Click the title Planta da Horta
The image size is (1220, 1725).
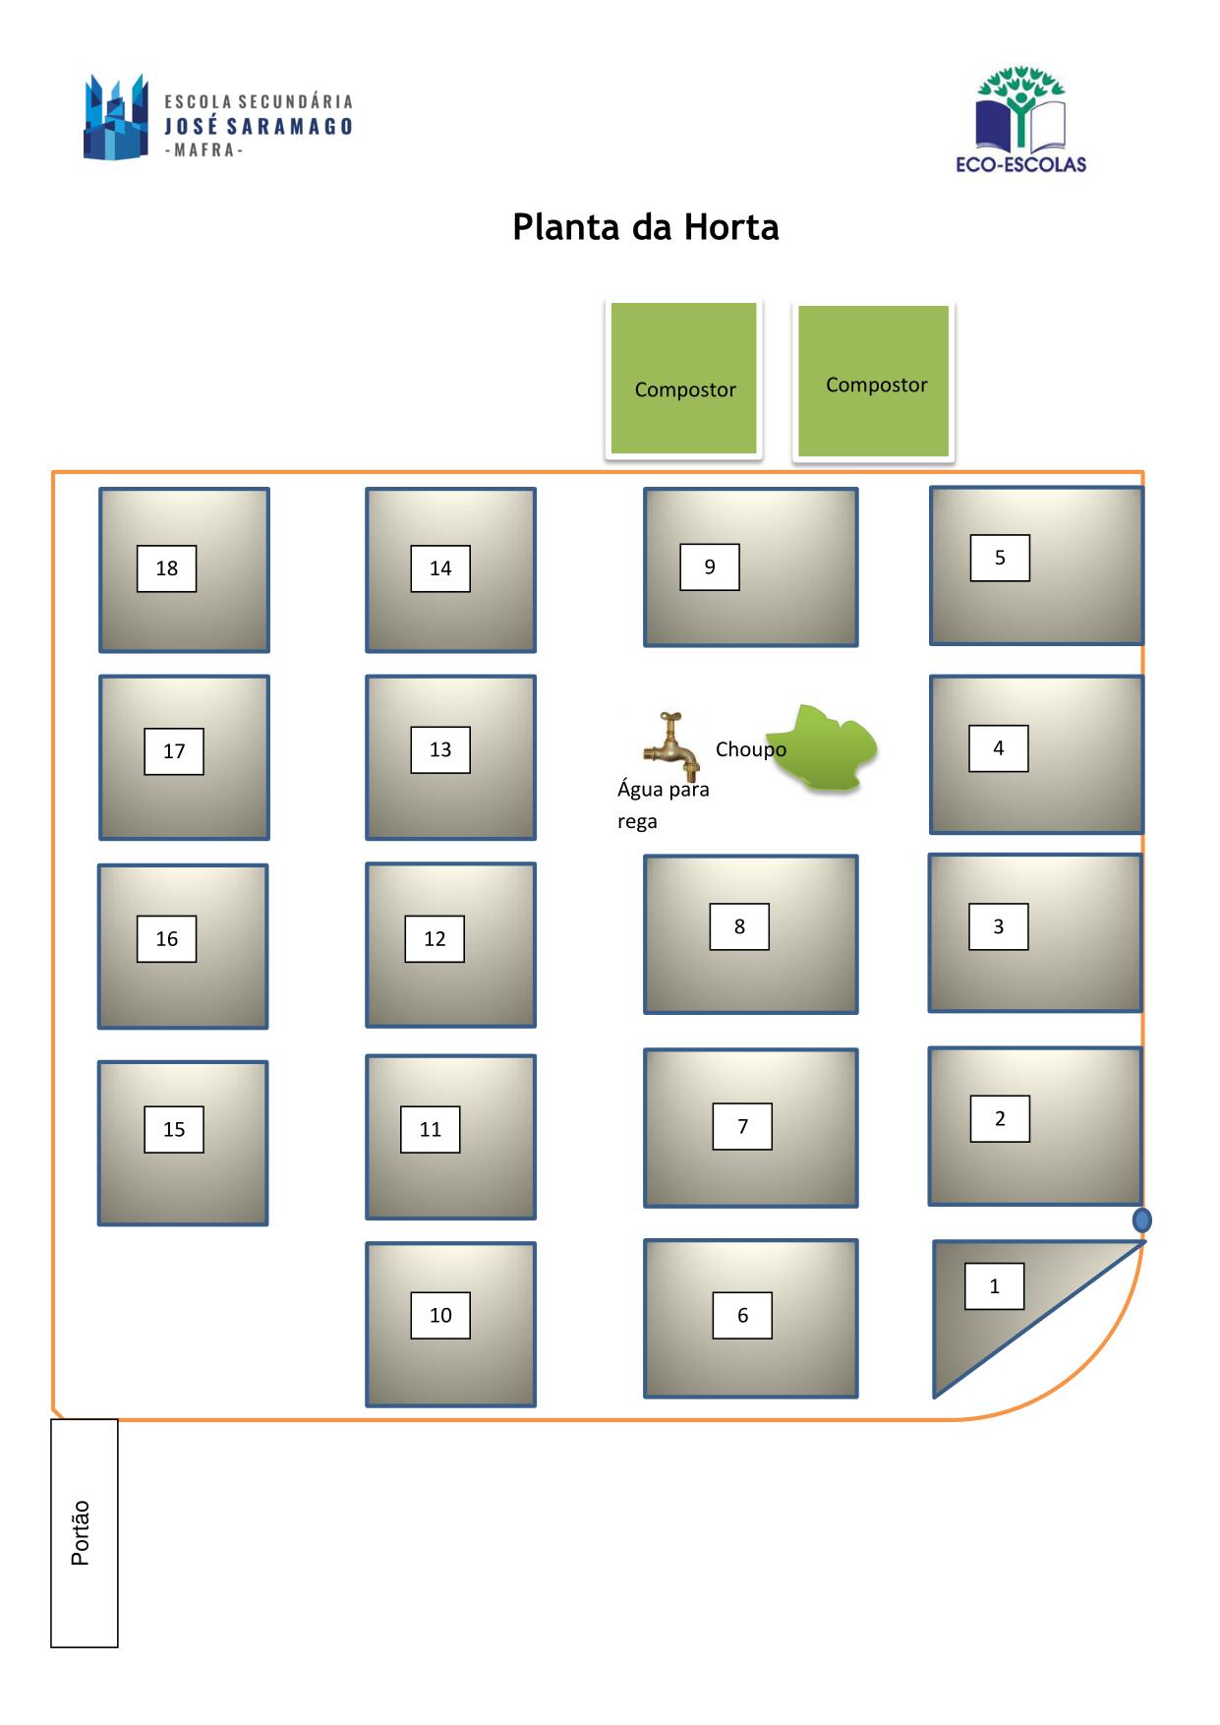point(646,227)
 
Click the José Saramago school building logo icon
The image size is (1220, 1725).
point(116,117)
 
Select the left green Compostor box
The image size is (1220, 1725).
point(684,379)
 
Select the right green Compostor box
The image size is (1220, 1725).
point(874,381)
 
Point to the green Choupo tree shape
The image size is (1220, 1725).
point(822,747)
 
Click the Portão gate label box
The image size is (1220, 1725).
point(85,1532)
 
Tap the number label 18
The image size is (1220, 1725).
point(166,568)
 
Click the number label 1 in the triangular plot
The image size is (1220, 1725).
point(994,1286)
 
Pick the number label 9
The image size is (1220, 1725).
point(710,566)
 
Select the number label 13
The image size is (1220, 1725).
point(440,749)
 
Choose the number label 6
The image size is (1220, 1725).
point(742,1315)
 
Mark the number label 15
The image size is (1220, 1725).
point(174,1129)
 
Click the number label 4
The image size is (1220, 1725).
point(999,748)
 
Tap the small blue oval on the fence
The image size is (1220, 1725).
point(1141,1220)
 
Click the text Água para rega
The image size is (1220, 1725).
point(664,804)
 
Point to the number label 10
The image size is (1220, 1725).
point(440,1315)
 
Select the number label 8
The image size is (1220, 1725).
point(739,926)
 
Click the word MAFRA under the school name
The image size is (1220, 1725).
point(203,150)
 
